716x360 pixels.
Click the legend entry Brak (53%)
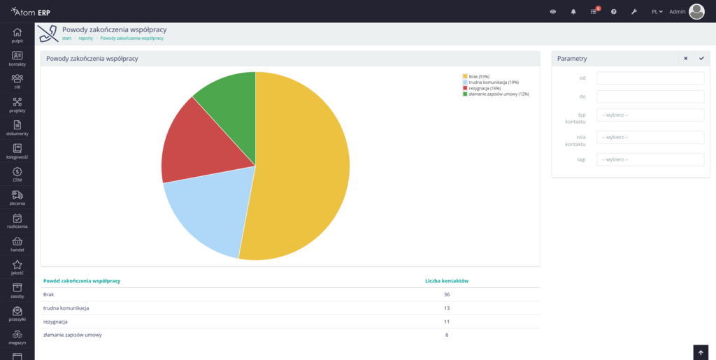478,76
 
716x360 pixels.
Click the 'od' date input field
650,78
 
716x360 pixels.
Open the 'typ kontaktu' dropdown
650,115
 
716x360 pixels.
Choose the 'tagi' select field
650,159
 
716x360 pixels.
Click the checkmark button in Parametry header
701,59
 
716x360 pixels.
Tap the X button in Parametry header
685,59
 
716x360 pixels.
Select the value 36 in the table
446,294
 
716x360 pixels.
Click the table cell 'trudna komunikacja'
66,308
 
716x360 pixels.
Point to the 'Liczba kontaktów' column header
446,281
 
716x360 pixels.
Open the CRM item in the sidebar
17,174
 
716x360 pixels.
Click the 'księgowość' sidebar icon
17,151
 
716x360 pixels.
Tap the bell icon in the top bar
573,12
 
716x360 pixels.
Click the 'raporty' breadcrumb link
86,38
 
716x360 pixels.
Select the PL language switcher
657,12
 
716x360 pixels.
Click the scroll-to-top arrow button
701,352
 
